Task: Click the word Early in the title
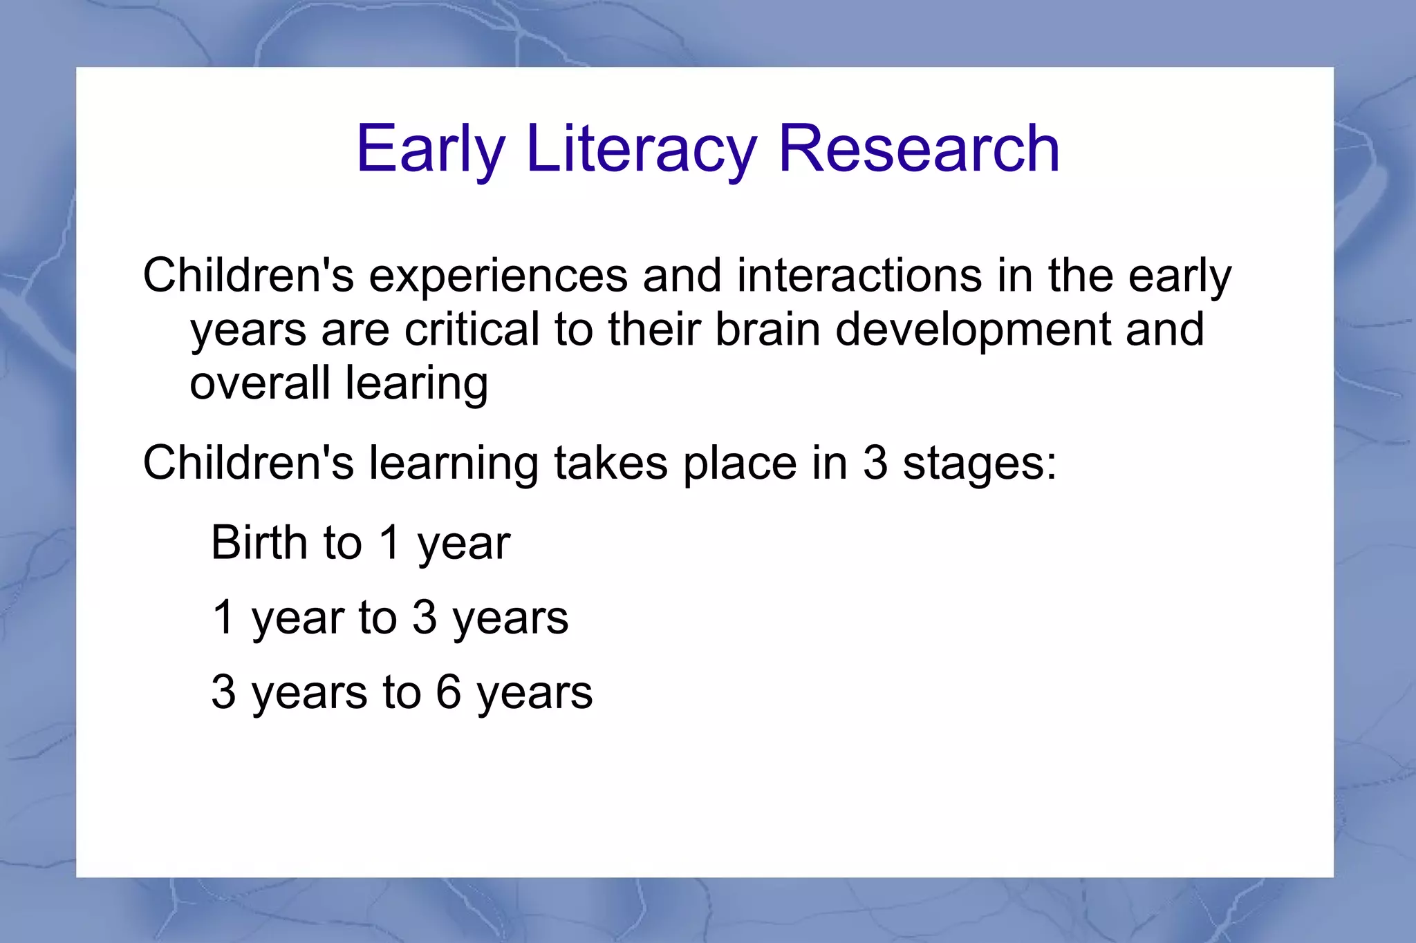pos(430,149)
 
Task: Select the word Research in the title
pos(919,149)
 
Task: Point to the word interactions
pos(859,275)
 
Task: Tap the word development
pos(973,330)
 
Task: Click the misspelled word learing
pos(416,384)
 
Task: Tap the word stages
pos(980,464)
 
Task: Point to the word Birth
pos(259,542)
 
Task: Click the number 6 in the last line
pos(448,692)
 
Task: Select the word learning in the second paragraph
pos(453,464)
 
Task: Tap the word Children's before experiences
pos(248,275)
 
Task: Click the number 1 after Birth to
pos(390,542)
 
